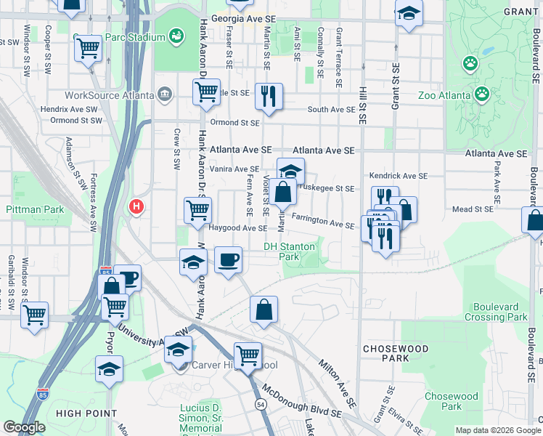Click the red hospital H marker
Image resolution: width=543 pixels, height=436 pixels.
135,208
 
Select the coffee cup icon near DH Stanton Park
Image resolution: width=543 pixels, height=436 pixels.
229,260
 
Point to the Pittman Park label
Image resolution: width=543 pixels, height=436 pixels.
35,209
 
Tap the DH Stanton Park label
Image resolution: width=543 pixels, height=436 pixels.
290,251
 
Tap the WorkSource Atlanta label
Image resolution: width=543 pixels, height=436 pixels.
109,95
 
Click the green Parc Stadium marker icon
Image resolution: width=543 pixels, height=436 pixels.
175,35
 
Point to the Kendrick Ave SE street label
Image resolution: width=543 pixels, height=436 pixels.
398,176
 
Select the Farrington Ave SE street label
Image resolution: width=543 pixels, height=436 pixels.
322,221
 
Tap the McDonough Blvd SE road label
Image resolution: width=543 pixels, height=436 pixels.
302,401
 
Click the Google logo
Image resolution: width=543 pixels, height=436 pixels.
24,427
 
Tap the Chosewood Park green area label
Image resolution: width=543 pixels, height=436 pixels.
452,401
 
